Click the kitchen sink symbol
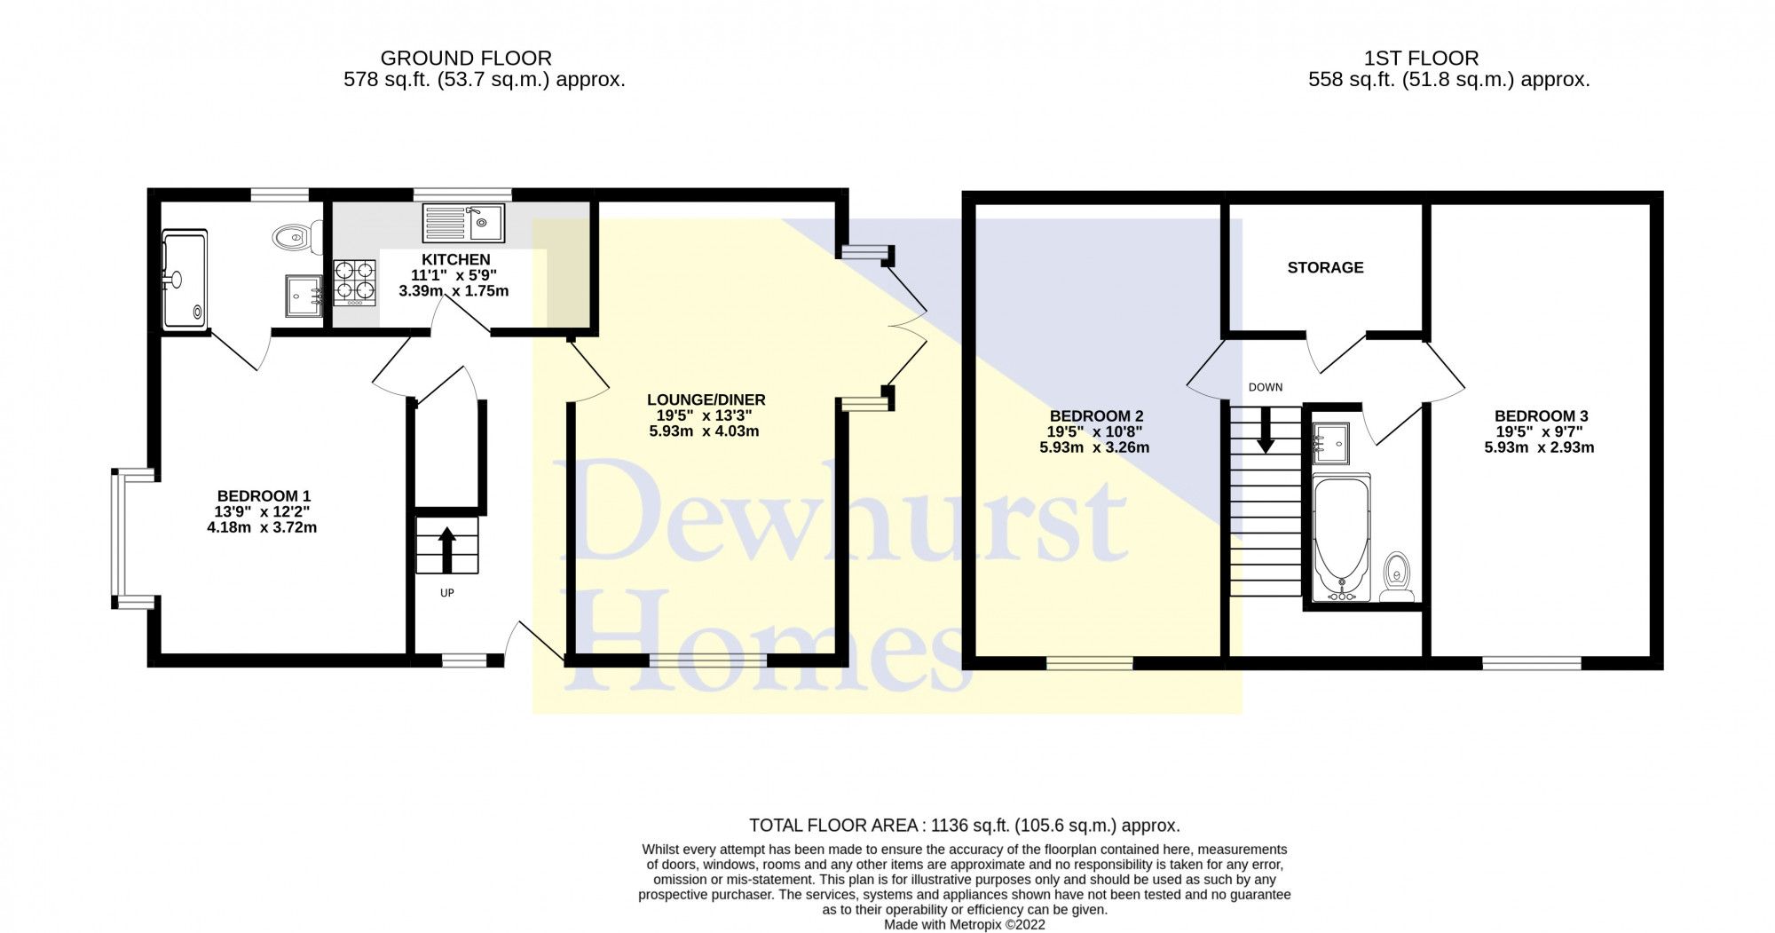pos(462,223)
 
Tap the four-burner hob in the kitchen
pos(354,282)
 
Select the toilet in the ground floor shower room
pos(289,237)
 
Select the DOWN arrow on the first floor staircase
pos(1265,428)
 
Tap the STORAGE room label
pos(1325,267)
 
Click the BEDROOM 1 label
pos(264,495)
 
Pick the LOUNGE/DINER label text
pos(706,399)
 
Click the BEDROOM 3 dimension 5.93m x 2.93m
pos(1539,447)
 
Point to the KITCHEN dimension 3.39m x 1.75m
pos(454,291)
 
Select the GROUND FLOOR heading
pos(466,59)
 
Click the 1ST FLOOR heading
pos(1421,59)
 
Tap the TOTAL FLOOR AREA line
pos(964,826)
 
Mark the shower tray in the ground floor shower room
pos(185,280)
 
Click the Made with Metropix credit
pos(964,924)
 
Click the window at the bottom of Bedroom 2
pos(1089,662)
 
